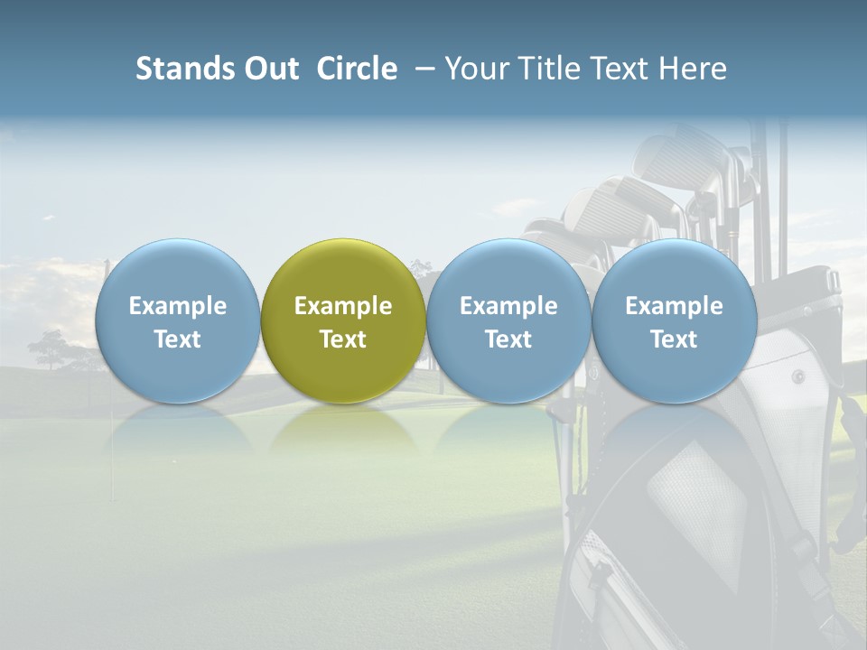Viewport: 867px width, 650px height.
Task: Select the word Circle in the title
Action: pos(357,69)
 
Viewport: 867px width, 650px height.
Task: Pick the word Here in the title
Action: pos(695,69)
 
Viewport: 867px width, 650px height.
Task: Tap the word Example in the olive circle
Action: pos(343,306)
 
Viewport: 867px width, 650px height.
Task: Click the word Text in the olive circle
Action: pos(343,339)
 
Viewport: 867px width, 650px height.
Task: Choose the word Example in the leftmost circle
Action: pos(178,306)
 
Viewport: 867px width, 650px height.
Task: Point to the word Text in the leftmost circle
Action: pos(178,339)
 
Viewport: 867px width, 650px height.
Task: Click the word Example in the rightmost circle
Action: pos(674,306)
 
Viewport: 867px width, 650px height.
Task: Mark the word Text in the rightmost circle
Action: pos(674,339)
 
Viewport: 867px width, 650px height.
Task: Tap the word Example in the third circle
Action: pos(508,306)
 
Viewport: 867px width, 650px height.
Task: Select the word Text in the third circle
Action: pos(508,339)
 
